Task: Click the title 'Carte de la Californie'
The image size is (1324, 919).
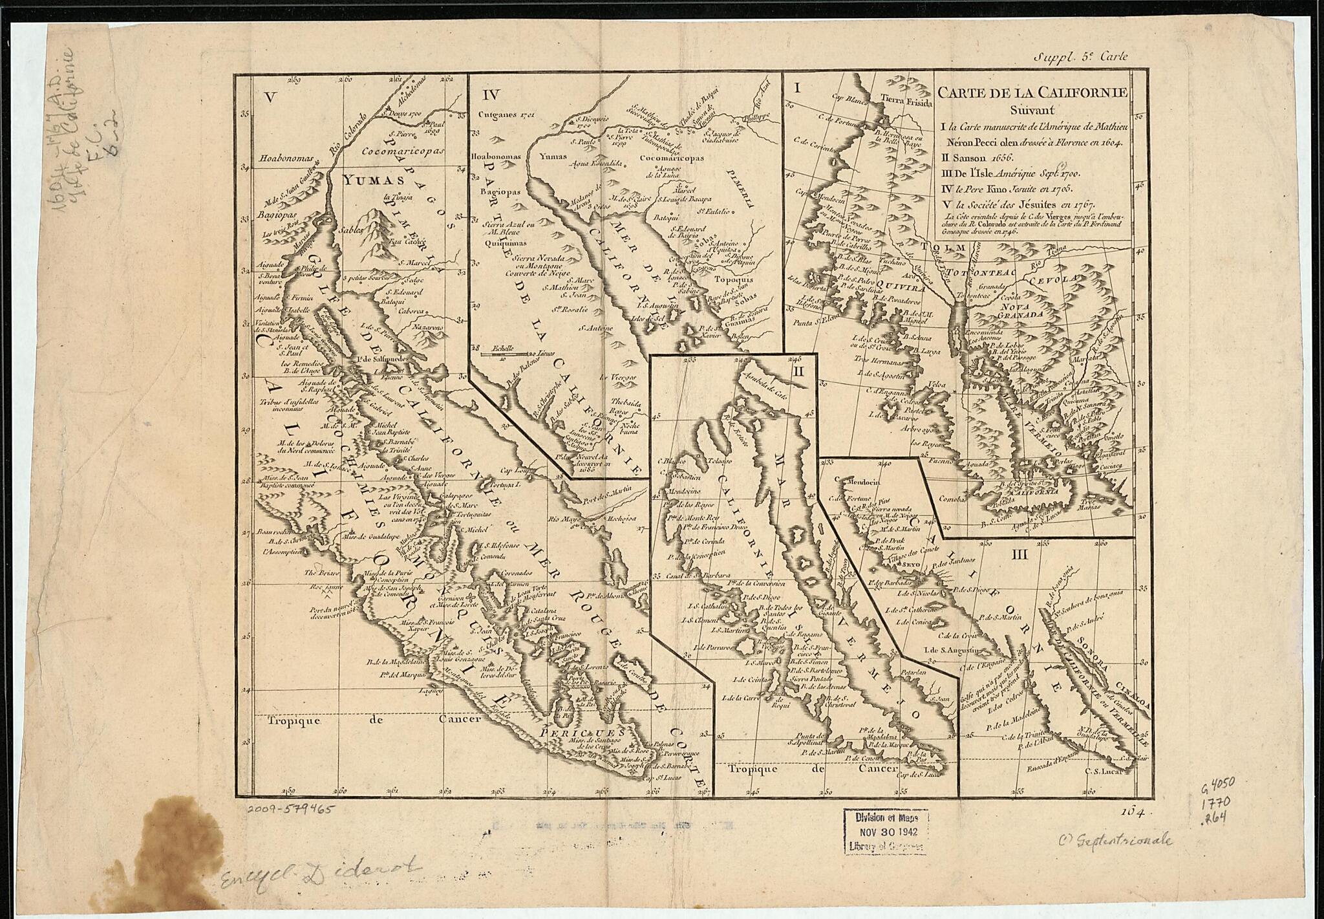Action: click(x=1032, y=92)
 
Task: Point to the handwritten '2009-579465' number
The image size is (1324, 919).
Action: click(x=292, y=809)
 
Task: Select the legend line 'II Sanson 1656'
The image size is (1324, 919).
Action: click(x=968, y=157)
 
